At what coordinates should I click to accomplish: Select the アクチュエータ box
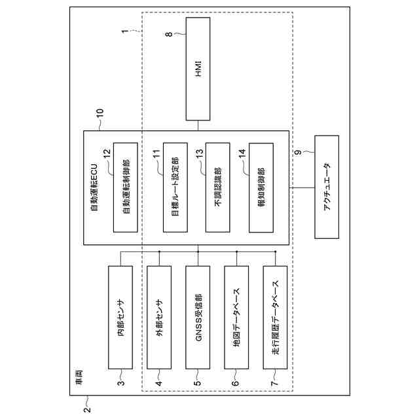tap(327, 187)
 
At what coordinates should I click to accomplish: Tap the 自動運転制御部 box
tap(126, 187)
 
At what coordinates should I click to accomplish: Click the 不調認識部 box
tap(217, 187)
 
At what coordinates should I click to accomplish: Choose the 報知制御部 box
tap(261, 187)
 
